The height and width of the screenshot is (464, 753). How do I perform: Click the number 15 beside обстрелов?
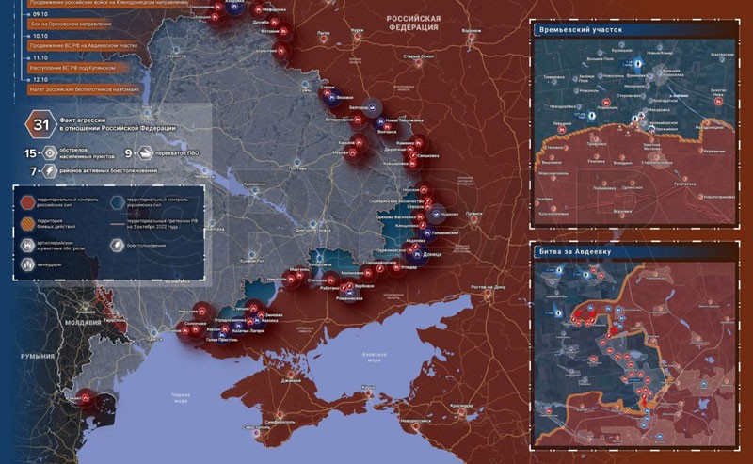point(30,152)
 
